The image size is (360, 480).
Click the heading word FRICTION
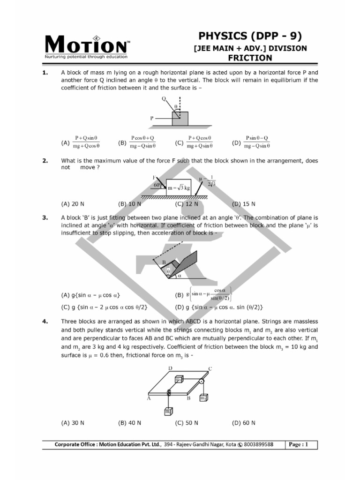tap(250, 58)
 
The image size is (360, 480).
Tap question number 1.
tap(45, 73)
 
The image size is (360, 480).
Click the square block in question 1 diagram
tap(180, 118)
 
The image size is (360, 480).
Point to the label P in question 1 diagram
tap(152, 119)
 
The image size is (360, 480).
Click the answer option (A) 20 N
tap(73, 204)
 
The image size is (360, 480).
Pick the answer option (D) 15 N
tap(244, 204)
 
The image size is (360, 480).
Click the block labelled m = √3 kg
tap(179, 187)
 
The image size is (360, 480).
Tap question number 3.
tap(45, 217)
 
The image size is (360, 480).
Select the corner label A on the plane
tap(148, 398)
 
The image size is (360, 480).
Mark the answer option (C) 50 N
tap(187, 422)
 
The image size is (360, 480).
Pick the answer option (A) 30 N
tap(73, 422)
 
